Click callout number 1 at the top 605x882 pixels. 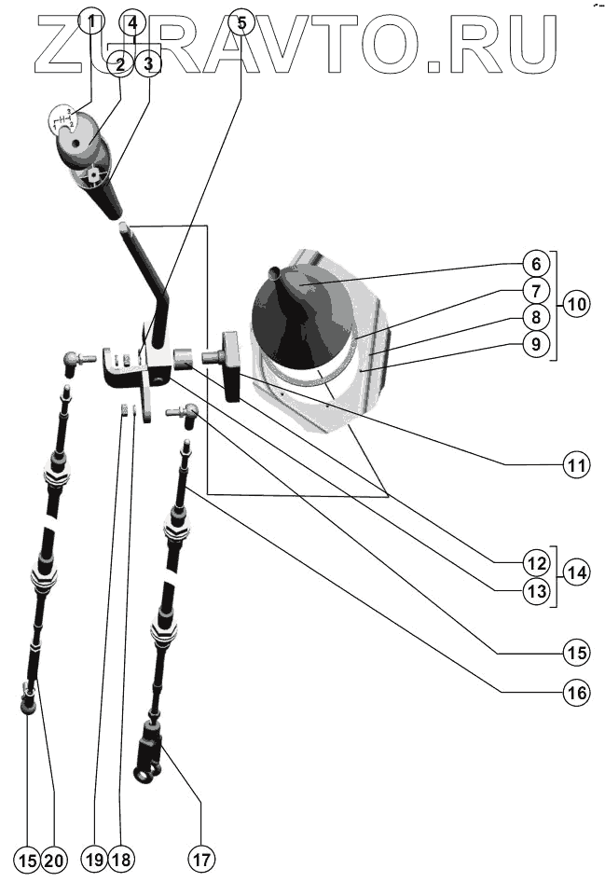(91, 20)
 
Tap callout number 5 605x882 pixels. (241, 20)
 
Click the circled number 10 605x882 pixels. (577, 304)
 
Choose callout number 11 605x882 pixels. (577, 463)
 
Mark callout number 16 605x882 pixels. (577, 693)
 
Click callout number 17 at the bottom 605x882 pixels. (202, 858)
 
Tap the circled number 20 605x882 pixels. (55, 859)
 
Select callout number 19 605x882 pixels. (94, 859)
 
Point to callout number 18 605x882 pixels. (121, 859)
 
